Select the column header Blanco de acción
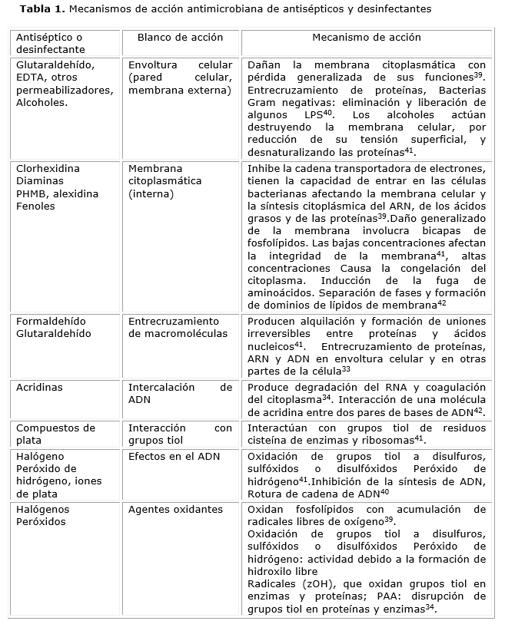coord(180,37)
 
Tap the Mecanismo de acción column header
coord(367,37)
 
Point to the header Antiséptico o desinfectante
coord(49,43)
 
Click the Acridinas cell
coord(40,388)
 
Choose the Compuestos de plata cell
coord(55,434)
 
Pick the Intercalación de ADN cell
coord(180,394)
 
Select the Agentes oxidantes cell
coord(175,509)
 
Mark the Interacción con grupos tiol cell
coord(180,434)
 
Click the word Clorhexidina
coord(48,170)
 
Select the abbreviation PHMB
coord(32,194)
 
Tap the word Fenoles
coord(35,206)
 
